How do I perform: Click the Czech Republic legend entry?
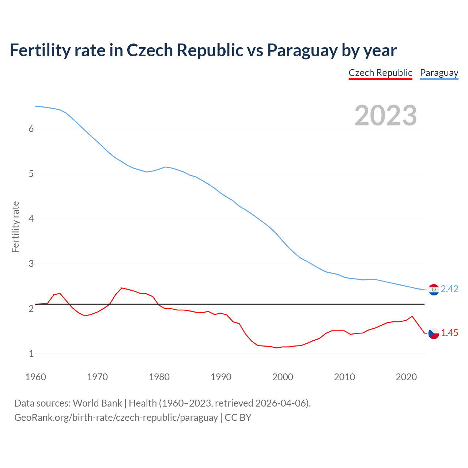pos(380,73)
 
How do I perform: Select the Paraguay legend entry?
pos(439,73)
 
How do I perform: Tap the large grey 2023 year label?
pos(386,116)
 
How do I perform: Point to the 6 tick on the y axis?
pos(31,129)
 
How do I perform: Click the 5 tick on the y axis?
pos(31,174)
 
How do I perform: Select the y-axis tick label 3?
pos(31,264)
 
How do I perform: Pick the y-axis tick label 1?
pos(31,354)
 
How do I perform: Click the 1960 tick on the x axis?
pos(35,377)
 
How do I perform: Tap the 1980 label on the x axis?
pos(159,377)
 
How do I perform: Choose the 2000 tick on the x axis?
pos(283,377)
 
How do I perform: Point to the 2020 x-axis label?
pos(406,377)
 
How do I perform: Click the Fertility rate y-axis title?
pos(15,227)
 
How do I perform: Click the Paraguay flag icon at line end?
pos(434,290)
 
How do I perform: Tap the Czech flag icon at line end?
pos(434,333)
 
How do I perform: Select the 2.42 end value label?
pos(449,289)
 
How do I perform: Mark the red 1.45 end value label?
pos(449,333)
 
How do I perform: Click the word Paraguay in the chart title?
pos(302,50)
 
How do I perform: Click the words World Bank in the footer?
pos(97,403)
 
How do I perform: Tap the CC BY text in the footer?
pos(238,418)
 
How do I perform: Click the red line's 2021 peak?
pos(412,316)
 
